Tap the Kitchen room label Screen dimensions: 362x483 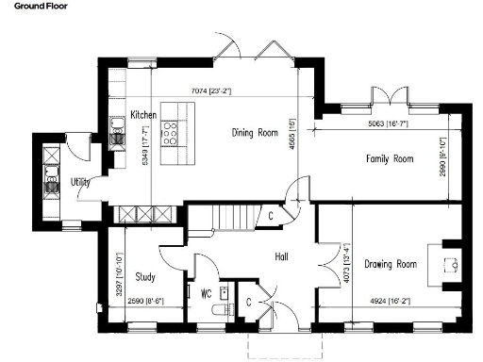[x=143, y=113]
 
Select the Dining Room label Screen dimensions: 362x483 [x=258, y=133]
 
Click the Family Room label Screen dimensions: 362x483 [x=390, y=159]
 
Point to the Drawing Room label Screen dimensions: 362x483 [x=391, y=264]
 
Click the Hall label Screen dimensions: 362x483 [x=280, y=256]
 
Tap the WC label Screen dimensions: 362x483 [x=206, y=293]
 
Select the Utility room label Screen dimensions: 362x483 [x=81, y=181]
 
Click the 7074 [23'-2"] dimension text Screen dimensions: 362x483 [x=211, y=90]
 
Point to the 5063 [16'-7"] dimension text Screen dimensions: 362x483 [x=390, y=123]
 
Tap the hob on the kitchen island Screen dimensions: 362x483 [x=173, y=135]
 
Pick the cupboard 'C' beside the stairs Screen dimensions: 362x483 [x=271, y=216]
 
